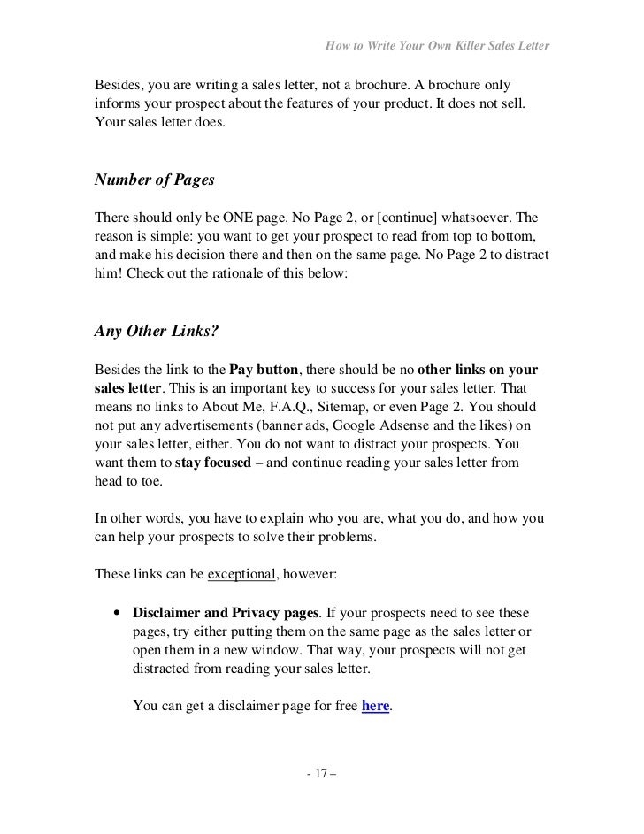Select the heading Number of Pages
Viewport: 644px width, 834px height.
click(x=154, y=181)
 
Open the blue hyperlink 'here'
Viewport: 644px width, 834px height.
click(x=376, y=706)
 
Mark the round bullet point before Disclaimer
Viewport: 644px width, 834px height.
click(x=117, y=612)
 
